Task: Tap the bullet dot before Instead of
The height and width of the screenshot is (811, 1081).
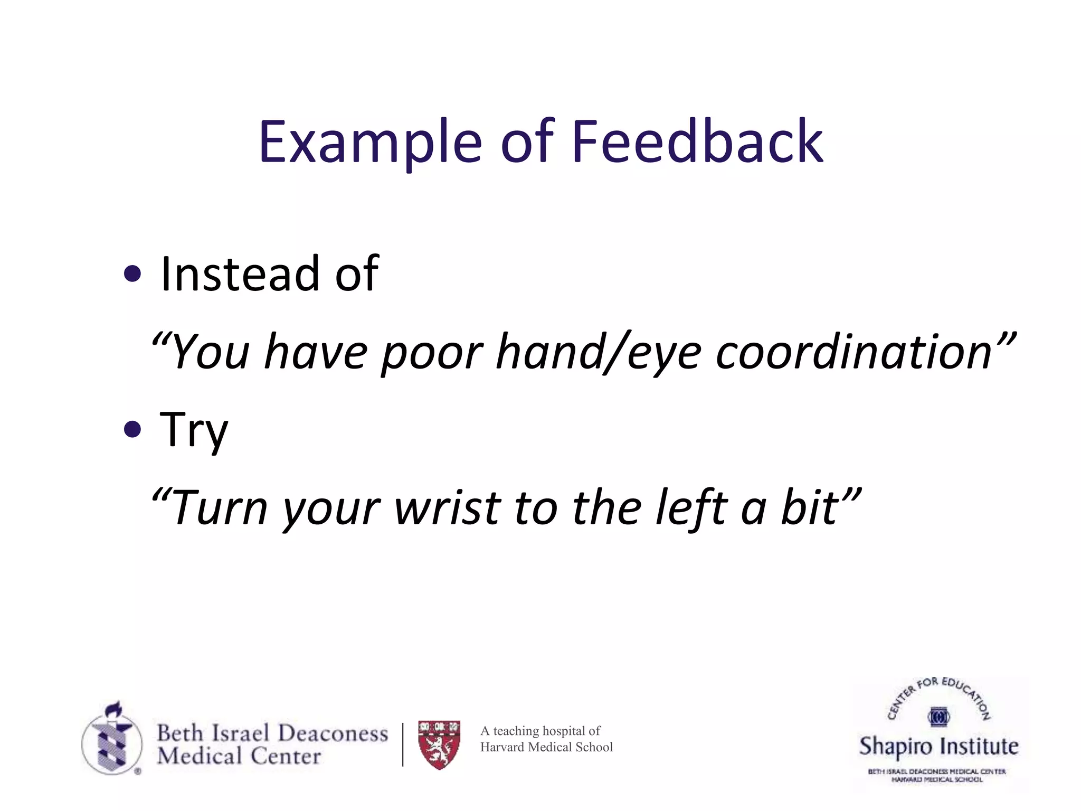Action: click(132, 274)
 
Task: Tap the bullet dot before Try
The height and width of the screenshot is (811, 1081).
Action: click(132, 429)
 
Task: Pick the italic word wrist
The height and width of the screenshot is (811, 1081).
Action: click(448, 508)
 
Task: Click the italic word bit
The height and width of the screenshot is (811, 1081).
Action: click(809, 508)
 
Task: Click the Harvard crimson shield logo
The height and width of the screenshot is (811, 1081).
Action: click(439, 744)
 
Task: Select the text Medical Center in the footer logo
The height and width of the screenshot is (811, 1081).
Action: click(239, 756)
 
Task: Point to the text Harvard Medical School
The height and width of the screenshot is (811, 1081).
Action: click(546, 747)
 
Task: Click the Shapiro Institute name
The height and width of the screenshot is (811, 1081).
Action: click(938, 746)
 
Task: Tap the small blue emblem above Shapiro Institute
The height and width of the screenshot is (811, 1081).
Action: click(938, 716)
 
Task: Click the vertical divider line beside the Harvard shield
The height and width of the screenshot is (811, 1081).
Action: click(403, 744)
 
